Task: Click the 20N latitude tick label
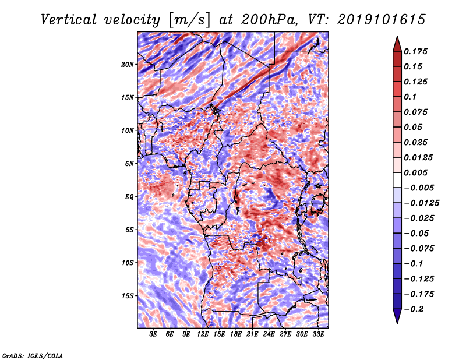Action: (x=128, y=65)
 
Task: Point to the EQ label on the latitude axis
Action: (x=129, y=197)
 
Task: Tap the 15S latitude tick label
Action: (x=128, y=296)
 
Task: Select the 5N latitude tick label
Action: (x=129, y=164)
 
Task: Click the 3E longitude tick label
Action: (x=153, y=334)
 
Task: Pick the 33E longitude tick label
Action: (x=318, y=334)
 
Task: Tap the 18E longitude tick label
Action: (x=236, y=334)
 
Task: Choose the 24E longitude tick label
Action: (x=269, y=334)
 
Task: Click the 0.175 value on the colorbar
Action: (x=415, y=51)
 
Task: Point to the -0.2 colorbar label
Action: (x=414, y=309)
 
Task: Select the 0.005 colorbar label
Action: (x=415, y=172)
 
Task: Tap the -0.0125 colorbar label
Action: (x=421, y=203)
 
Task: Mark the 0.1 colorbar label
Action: (x=410, y=97)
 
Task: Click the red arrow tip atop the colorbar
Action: (x=397, y=37)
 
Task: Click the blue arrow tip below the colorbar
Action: (x=397, y=323)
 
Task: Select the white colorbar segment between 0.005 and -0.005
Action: (x=397, y=180)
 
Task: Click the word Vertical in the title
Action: (x=69, y=20)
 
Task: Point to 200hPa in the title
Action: (x=269, y=20)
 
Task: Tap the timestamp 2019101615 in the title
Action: (x=382, y=20)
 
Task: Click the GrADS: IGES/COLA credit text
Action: (x=33, y=356)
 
